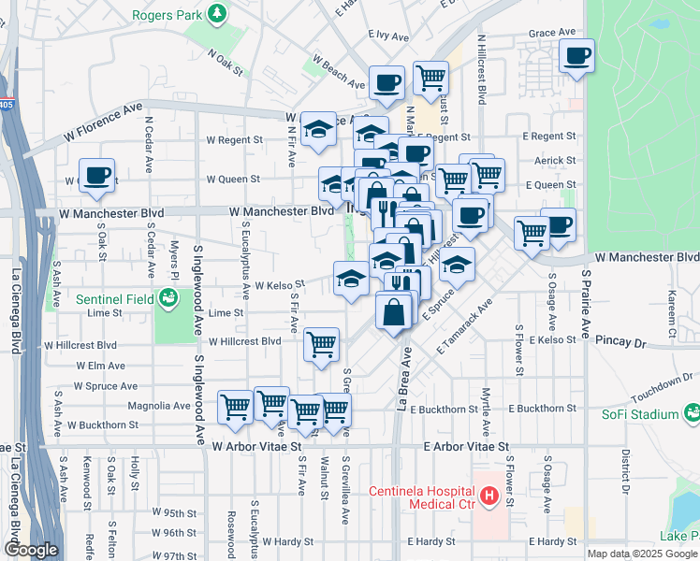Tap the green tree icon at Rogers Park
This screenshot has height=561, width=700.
tap(217, 14)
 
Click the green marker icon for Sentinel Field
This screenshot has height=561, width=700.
tap(168, 298)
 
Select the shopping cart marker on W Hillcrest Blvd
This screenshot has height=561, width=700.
tap(321, 344)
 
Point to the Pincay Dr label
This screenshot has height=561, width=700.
tap(620, 344)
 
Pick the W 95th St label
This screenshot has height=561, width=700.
tap(168, 513)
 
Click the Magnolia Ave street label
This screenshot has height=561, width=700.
tap(165, 406)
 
